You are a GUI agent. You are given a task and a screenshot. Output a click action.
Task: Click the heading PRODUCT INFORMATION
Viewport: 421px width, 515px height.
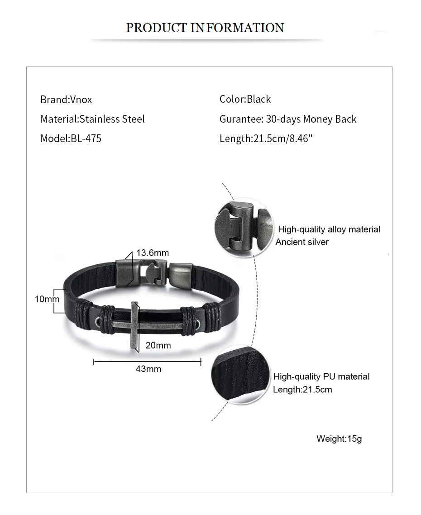click(205, 28)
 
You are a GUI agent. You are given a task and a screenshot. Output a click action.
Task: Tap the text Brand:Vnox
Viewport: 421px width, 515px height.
click(66, 100)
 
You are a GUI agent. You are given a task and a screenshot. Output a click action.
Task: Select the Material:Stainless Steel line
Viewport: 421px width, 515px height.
click(92, 119)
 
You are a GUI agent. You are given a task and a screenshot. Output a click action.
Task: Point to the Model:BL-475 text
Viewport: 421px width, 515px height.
click(71, 138)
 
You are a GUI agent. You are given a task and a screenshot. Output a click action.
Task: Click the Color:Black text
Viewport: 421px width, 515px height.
click(245, 99)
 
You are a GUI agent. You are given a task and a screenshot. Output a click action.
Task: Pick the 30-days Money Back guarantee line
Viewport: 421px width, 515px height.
click(288, 119)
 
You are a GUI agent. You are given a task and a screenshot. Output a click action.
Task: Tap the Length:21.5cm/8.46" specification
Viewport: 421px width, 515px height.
click(266, 138)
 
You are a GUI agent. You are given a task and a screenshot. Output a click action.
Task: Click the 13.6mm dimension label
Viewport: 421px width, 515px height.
click(152, 253)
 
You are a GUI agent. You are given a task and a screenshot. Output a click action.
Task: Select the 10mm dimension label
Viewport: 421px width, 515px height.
click(47, 299)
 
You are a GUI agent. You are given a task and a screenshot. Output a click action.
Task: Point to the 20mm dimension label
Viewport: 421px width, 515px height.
click(158, 345)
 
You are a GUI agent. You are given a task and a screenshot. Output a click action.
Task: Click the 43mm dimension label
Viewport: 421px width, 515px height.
click(148, 369)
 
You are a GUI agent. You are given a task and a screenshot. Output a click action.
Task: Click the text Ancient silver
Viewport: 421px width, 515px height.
click(302, 242)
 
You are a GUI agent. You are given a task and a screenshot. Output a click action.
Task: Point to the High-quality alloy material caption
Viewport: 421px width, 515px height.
click(329, 229)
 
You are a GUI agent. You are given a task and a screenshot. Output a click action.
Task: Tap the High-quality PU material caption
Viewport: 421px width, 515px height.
click(321, 377)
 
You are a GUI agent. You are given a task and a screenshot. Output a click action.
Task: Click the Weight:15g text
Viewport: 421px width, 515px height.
click(339, 439)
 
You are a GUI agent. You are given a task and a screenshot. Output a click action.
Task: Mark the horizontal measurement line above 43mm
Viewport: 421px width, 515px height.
click(147, 361)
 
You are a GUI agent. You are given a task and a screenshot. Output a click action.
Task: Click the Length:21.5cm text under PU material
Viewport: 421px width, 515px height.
click(302, 389)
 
